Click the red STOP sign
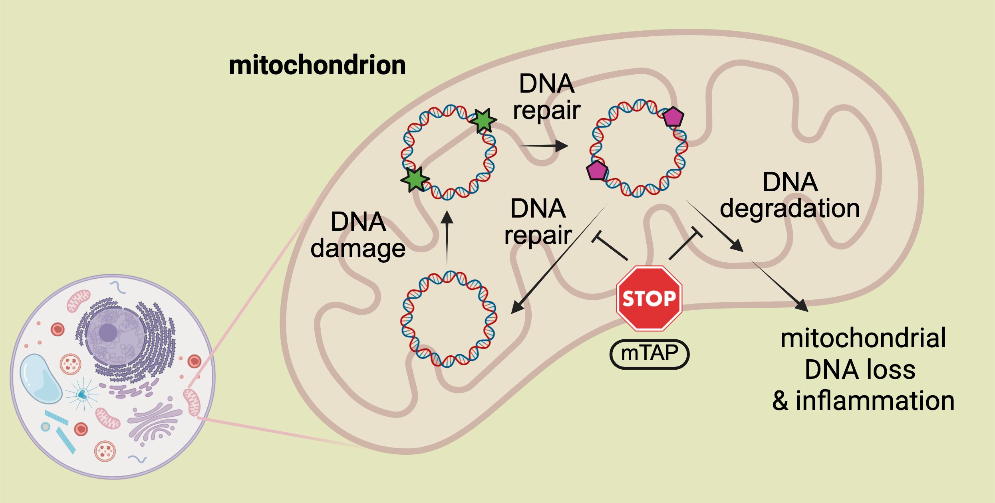point(649,298)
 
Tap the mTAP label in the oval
point(649,353)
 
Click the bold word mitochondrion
point(317,65)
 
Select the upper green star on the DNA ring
point(483,120)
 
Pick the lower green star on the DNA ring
point(415,180)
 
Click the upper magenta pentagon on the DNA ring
point(673,117)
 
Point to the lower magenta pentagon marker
point(597,170)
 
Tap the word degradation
point(789,208)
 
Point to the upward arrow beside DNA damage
point(447,238)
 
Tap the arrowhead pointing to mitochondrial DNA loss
point(801,305)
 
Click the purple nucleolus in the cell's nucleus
point(108,333)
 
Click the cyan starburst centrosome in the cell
point(82,394)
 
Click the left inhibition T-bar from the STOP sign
point(609,246)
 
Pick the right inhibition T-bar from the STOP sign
point(686,244)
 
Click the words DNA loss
point(860,369)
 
